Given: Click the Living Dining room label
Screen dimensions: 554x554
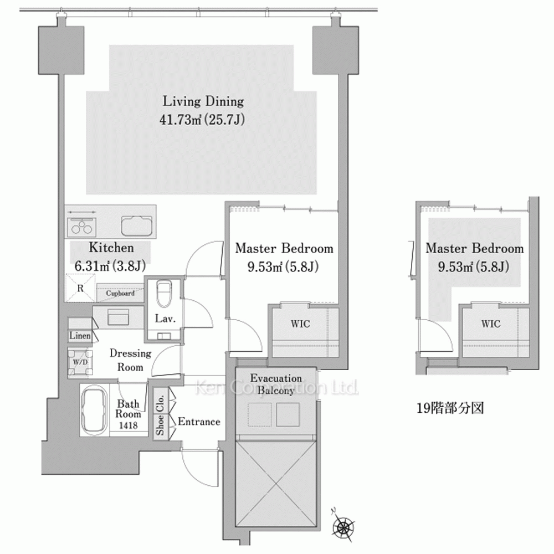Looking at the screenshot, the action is click(203, 101).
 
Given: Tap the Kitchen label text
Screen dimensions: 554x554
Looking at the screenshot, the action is click(111, 248).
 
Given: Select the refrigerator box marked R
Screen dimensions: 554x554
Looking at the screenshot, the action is click(80, 288).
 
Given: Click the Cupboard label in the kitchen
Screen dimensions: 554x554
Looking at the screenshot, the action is click(120, 293).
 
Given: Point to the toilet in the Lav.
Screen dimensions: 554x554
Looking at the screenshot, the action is click(163, 294).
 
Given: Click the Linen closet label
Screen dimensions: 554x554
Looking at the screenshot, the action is click(80, 336).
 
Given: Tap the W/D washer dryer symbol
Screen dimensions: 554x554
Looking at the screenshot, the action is click(80, 362).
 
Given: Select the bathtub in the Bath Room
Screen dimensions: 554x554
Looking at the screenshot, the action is click(94, 410).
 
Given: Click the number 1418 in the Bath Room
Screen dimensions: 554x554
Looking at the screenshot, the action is click(128, 425).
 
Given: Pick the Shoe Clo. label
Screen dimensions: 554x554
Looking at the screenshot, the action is click(160, 414).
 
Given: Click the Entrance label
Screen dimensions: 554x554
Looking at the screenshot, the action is click(199, 422).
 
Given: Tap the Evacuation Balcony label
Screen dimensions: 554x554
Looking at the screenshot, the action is click(276, 384).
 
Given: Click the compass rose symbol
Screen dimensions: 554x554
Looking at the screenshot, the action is click(343, 527).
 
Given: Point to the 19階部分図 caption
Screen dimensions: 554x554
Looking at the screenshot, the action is click(450, 408).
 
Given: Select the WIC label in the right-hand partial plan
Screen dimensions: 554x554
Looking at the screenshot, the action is click(491, 324).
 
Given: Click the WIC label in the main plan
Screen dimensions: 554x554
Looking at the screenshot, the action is click(300, 324).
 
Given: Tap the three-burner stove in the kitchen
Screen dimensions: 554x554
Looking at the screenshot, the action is click(81, 227).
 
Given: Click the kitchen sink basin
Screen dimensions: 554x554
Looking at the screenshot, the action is click(137, 225).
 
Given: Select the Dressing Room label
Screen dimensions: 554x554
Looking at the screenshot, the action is click(130, 360).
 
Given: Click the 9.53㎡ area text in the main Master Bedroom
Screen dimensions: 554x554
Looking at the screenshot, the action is click(265, 267).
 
